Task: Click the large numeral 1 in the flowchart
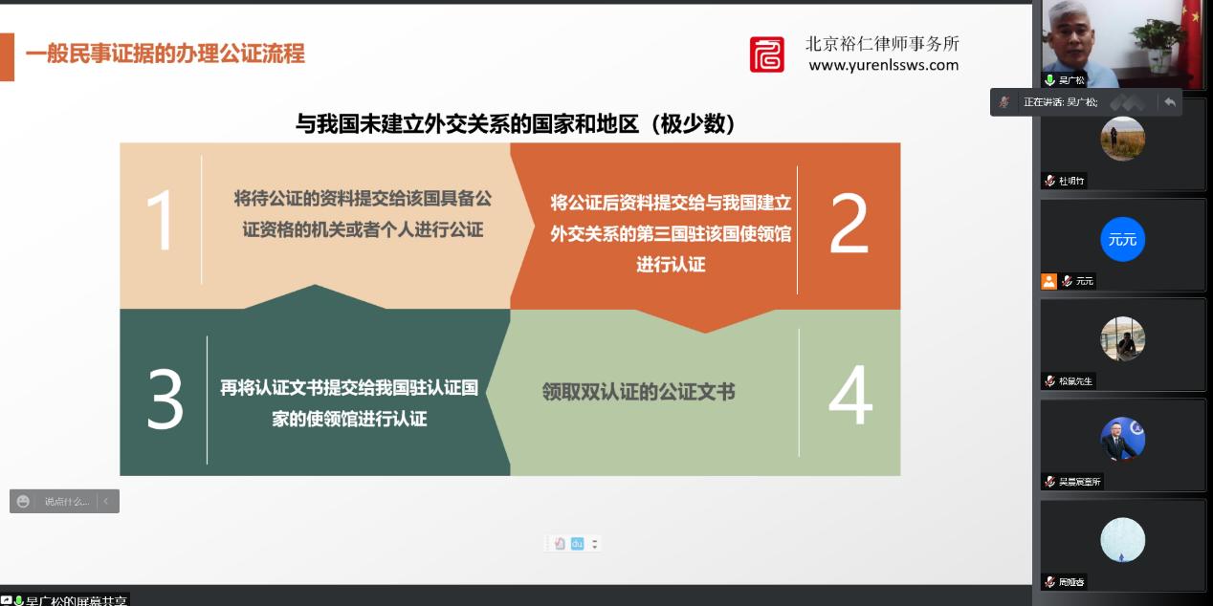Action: (x=160, y=221)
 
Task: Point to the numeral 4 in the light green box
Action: (x=849, y=396)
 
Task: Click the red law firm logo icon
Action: (x=766, y=54)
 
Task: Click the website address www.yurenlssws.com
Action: (x=883, y=65)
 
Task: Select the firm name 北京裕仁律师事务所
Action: (x=882, y=43)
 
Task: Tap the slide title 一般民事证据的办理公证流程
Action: (x=165, y=54)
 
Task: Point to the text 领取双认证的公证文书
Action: (x=638, y=392)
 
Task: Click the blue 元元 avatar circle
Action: (x=1122, y=239)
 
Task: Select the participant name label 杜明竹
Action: (x=1071, y=181)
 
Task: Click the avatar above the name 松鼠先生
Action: (x=1122, y=338)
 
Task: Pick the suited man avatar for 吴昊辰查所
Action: (x=1122, y=439)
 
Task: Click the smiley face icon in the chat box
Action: (x=24, y=502)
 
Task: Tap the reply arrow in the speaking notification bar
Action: (x=1169, y=101)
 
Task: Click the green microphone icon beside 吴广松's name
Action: (x=1049, y=80)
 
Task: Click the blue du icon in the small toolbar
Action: (x=577, y=544)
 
